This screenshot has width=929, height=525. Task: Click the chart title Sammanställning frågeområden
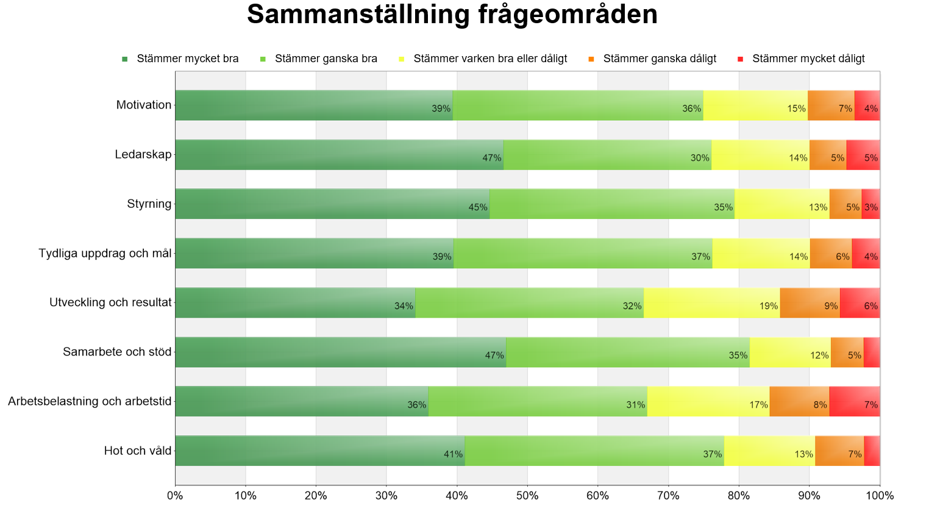(x=452, y=15)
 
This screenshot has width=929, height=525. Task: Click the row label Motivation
(x=144, y=105)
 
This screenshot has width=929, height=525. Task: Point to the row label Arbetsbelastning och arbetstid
(x=90, y=401)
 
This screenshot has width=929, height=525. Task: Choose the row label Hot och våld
(x=138, y=451)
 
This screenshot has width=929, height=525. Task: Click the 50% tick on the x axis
(x=527, y=496)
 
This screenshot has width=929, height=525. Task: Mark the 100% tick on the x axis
(x=880, y=496)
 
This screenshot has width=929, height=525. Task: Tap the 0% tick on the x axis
(x=175, y=496)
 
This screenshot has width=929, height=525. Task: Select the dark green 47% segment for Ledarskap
(x=339, y=155)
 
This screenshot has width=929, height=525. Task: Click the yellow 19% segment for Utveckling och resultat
(x=711, y=302)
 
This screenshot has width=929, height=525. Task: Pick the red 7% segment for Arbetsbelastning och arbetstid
(x=854, y=401)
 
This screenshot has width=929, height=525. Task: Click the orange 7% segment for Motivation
(x=831, y=105)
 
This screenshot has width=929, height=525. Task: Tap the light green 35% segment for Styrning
(x=612, y=204)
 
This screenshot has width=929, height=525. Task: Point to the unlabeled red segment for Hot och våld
(x=872, y=451)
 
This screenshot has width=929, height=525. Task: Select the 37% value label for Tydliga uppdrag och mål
(x=700, y=257)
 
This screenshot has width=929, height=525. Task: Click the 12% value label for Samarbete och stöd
(x=819, y=355)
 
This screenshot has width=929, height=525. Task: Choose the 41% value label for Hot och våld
(x=453, y=454)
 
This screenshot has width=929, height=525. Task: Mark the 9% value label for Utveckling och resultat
(x=831, y=306)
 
